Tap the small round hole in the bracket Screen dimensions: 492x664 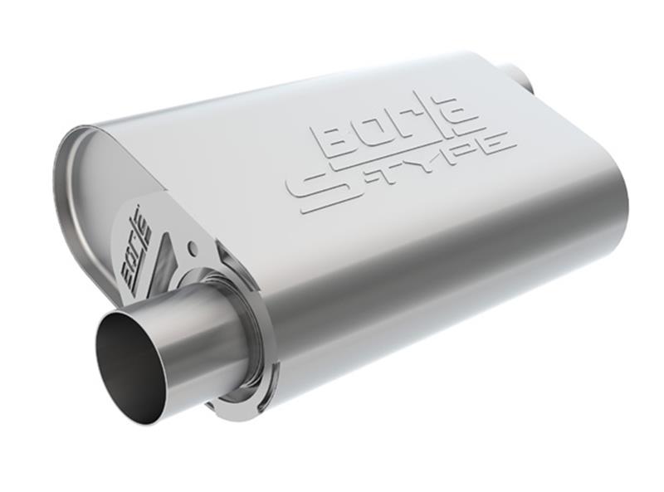[x=192, y=246]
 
